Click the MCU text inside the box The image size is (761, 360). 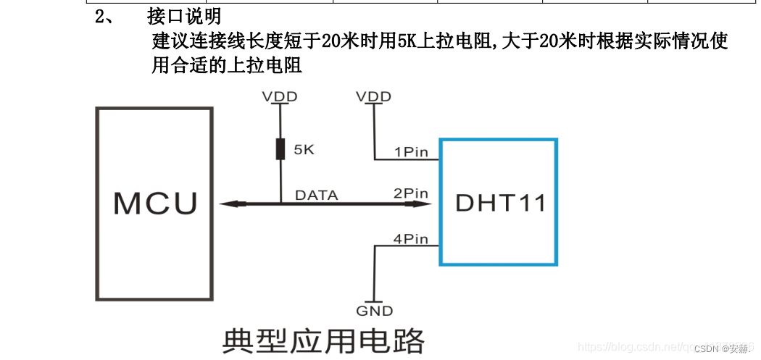(x=155, y=204)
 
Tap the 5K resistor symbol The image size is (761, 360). (x=280, y=150)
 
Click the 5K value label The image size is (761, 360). (x=303, y=151)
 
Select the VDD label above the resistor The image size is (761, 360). (x=280, y=96)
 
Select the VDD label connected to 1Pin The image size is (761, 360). (x=374, y=96)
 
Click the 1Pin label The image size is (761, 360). (x=411, y=151)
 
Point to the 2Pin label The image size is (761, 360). (x=410, y=193)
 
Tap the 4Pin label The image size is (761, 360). (x=411, y=238)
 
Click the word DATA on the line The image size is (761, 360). (x=316, y=195)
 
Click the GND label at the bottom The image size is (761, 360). (x=374, y=311)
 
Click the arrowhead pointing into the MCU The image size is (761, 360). (x=227, y=204)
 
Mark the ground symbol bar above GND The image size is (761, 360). (x=374, y=301)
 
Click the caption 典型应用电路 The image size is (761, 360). (x=323, y=340)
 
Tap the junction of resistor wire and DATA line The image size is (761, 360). (x=280, y=204)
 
